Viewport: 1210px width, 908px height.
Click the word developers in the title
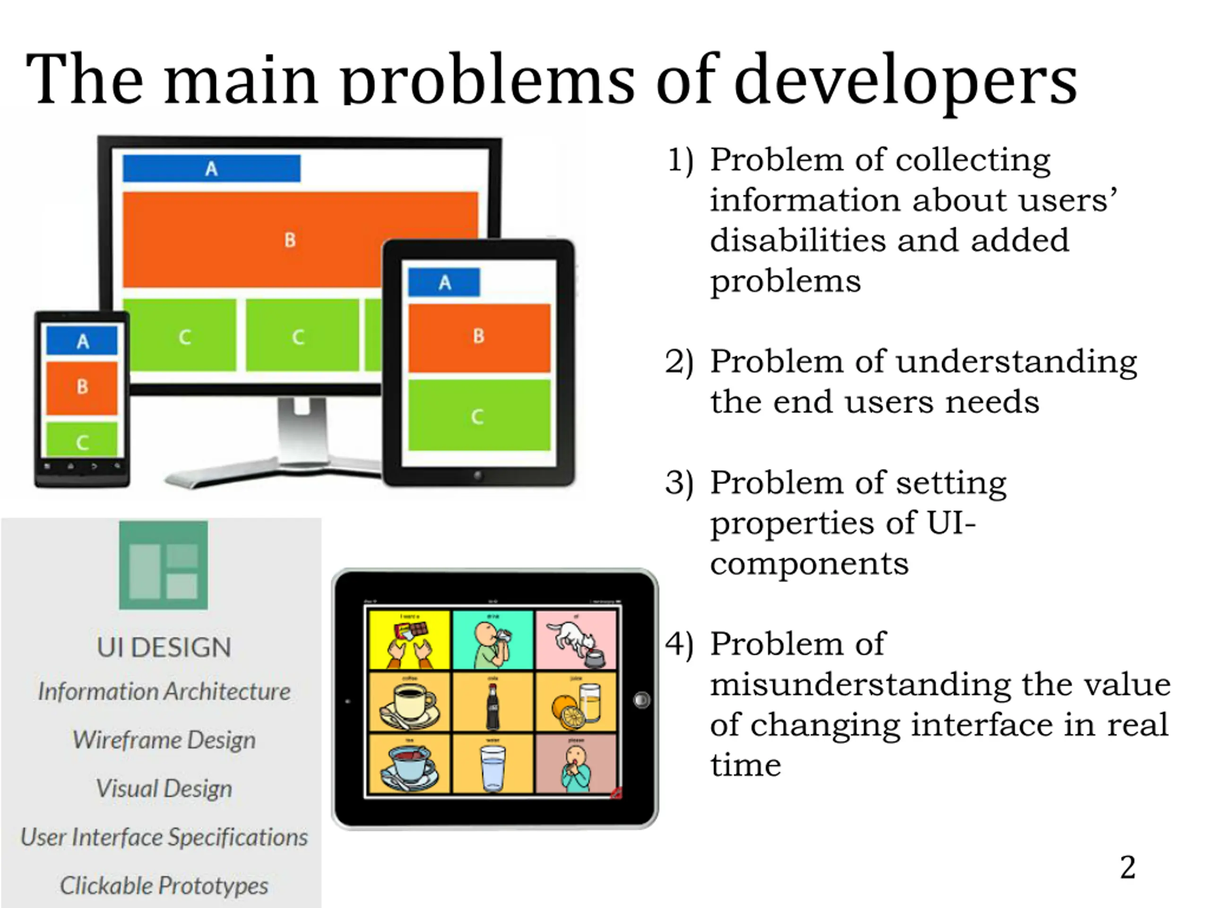905,79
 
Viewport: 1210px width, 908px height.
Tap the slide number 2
1127,867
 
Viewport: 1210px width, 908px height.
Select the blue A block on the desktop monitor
211,168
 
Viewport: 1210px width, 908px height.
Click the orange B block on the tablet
479,337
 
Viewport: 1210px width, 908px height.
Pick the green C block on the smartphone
82,439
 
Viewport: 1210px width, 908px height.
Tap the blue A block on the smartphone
82,341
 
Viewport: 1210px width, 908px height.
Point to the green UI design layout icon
164,565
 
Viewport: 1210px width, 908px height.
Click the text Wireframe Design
164,740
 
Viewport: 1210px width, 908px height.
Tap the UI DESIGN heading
164,647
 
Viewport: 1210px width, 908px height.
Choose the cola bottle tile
493,703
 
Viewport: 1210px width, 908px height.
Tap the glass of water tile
493,765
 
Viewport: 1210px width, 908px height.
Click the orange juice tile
576,703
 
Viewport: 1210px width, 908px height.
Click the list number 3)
679,483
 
